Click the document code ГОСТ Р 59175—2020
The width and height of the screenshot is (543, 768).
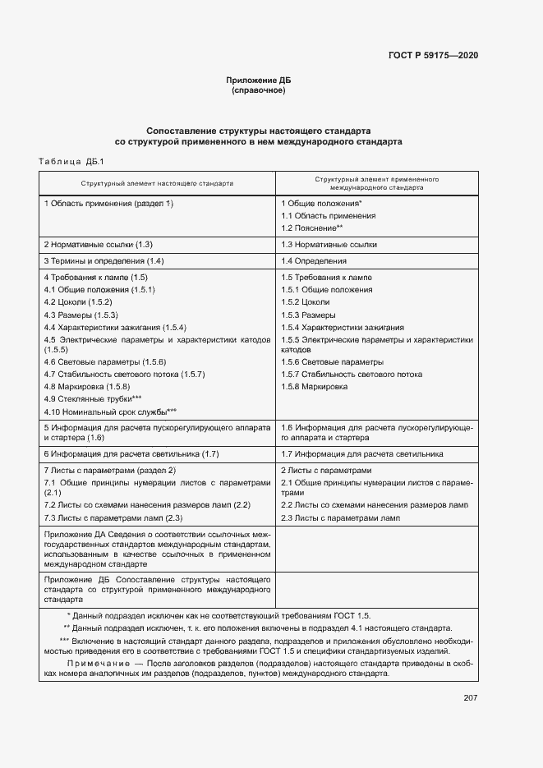point(433,56)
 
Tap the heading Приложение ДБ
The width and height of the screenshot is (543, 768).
point(259,80)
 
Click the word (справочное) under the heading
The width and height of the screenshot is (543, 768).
point(259,90)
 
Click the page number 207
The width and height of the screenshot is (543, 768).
point(471,698)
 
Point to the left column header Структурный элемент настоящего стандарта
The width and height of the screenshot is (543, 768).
point(156,183)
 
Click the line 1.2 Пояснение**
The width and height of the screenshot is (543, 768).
point(312,228)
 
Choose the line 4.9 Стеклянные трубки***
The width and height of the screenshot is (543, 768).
point(98,398)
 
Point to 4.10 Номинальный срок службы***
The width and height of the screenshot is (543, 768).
point(110,411)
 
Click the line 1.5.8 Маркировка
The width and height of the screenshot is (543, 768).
point(315,386)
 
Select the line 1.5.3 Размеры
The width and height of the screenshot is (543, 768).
point(308,315)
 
